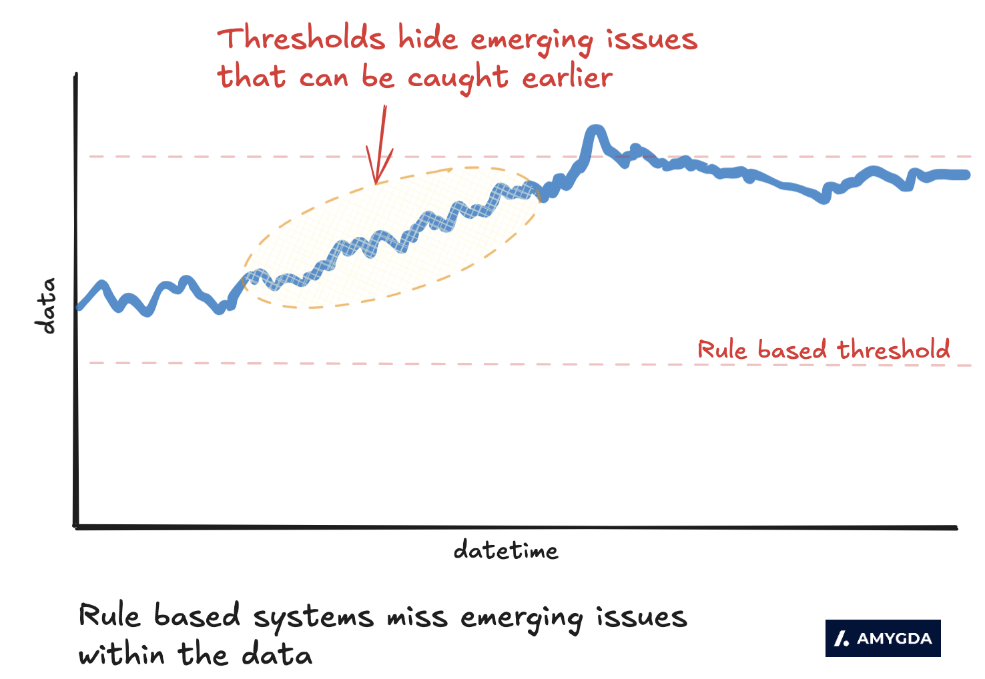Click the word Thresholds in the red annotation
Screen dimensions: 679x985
point(301,39)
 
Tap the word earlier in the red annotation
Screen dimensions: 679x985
point(567,78)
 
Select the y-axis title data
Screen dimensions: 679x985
point(46,305)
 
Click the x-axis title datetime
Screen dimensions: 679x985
point(505,550)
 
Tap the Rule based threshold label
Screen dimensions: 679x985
point(824,350)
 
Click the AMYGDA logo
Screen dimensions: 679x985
point(882,638)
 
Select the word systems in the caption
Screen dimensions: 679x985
point(313,618)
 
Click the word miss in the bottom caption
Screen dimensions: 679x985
point(417,616)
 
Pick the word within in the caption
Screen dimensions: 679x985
point(121,654)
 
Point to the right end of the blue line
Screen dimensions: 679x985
point(966,175)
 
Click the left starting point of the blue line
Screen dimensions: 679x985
point(79,307)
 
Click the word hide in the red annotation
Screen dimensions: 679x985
point(428,39)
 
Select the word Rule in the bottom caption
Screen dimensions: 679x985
point(109,616)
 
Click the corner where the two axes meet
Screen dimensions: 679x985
point(76,526)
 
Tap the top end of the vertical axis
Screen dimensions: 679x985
point(76,75)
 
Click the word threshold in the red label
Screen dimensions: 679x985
point(894,350)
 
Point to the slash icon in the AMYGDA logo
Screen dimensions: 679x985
point(842,638)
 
